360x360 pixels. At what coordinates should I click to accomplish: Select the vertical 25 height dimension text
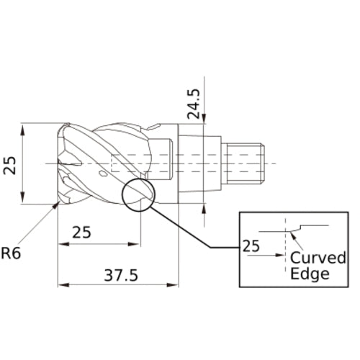[x=10, y=166]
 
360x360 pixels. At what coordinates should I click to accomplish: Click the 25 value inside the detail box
[x=251, y=247]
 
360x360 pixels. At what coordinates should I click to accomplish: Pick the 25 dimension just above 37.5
[x=82, y=232]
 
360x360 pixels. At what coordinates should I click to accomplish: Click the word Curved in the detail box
[x=318, y=258]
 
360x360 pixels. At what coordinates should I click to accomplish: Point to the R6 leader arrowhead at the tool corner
[x=56, y=206]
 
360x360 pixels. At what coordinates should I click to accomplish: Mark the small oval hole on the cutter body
[x=104, y=174]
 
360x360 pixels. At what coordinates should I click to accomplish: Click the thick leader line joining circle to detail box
[x=191, y=230]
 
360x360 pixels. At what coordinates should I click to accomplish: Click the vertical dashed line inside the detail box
[x=286, y=245]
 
